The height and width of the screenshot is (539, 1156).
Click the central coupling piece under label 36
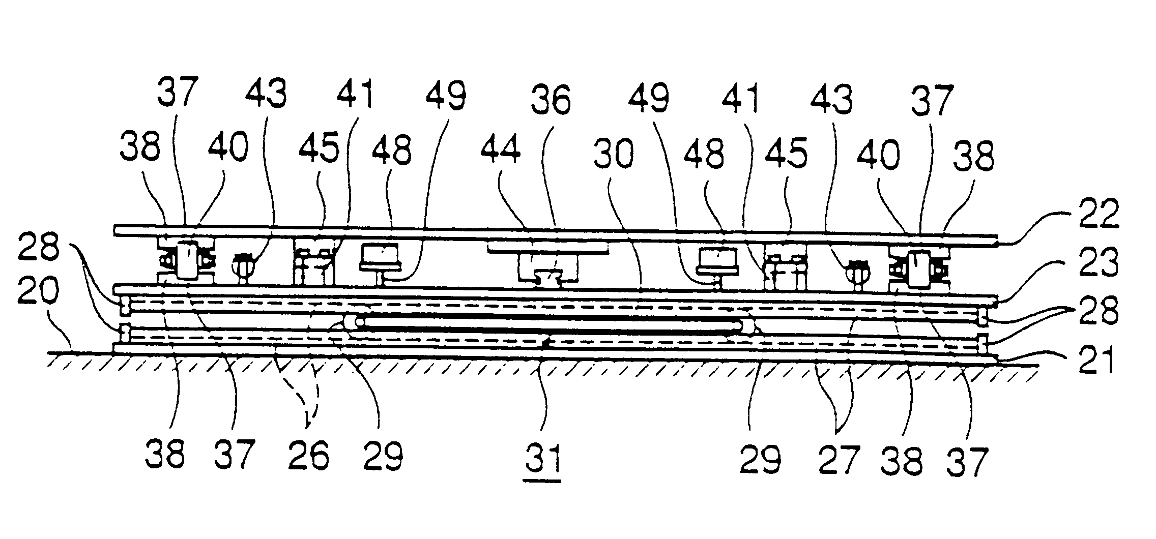point(549,277)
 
